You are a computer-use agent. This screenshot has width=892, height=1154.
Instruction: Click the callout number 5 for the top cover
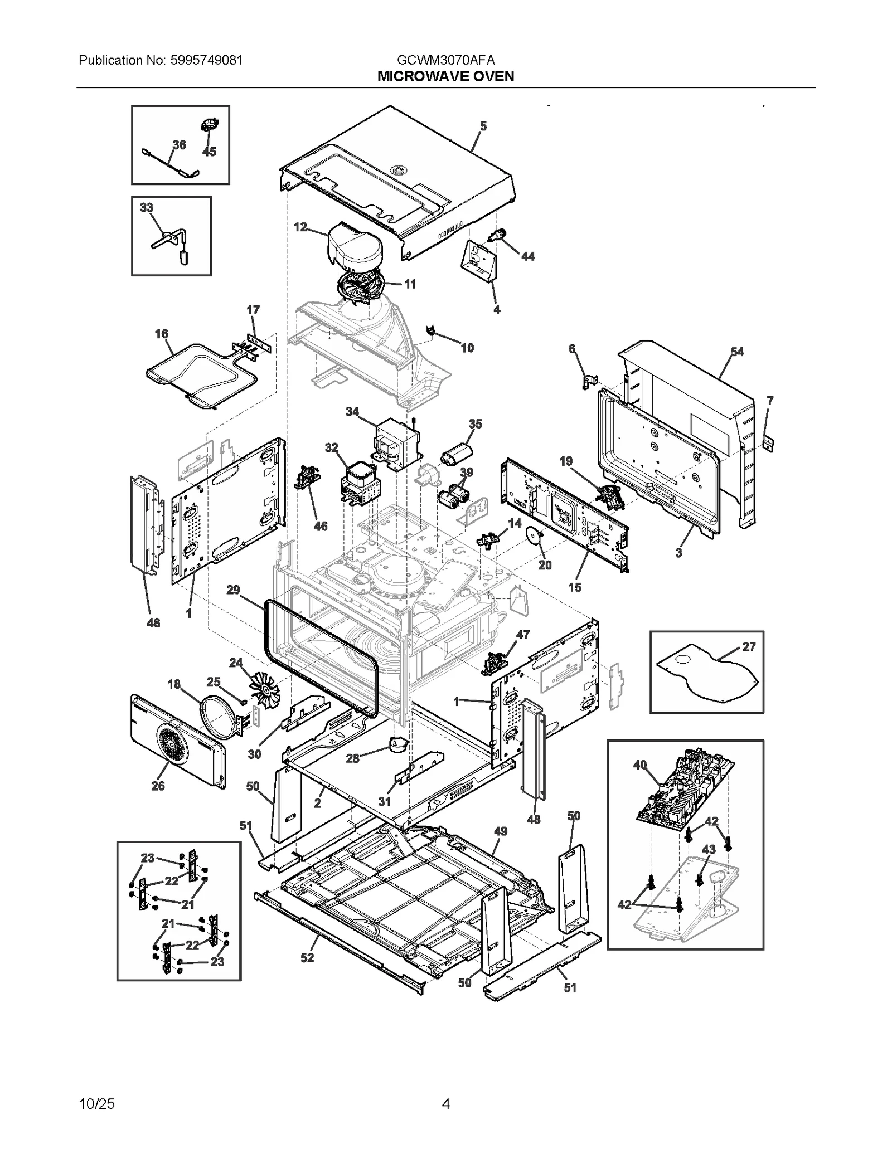483,126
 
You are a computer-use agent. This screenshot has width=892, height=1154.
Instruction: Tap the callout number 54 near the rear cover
737,352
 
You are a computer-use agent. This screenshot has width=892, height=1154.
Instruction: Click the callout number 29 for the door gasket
233,590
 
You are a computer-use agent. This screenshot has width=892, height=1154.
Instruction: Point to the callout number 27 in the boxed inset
749,646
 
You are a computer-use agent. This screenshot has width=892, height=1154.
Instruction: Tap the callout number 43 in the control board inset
709,850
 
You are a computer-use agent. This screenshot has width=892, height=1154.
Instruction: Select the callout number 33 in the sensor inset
146,208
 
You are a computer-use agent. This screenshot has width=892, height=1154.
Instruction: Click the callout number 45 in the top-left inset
209,152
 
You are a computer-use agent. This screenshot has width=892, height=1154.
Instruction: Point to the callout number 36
179,145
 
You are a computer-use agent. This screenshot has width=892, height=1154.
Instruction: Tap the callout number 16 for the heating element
161,334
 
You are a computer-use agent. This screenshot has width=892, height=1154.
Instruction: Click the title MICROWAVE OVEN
445,76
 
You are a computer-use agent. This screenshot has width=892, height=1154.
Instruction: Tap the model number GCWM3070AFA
445,60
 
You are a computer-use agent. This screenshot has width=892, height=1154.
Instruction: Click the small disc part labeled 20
534,538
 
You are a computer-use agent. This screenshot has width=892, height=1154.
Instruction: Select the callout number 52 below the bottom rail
307,957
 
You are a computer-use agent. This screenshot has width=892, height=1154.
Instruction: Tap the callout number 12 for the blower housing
300,227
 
